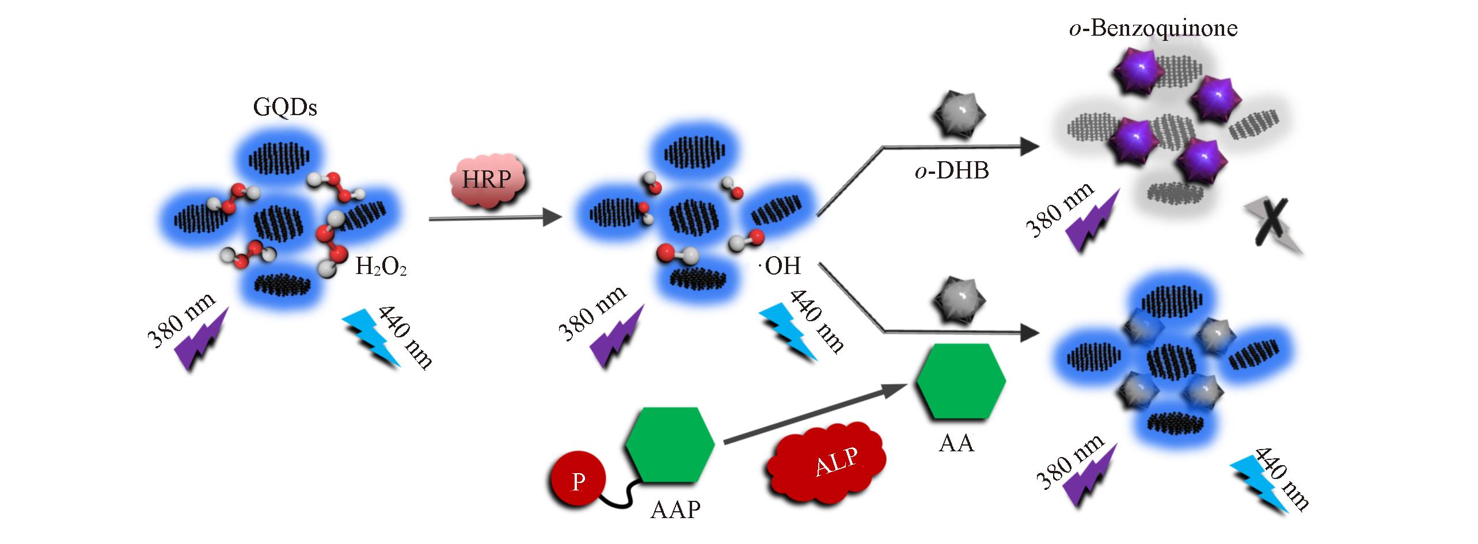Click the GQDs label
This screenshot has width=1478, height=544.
pos(285,108)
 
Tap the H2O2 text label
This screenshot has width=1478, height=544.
pos(381,267)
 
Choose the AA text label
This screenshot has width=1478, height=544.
pos(956,443)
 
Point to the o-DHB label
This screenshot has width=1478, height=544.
pos(951,171)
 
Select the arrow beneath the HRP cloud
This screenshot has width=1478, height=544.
pos(495,218)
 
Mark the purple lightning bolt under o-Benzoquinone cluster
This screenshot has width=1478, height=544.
pos(1091,222)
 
